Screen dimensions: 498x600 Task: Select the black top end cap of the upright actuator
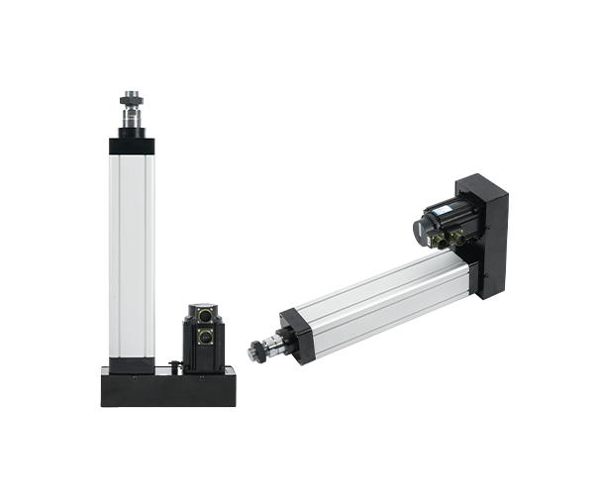[131, 147]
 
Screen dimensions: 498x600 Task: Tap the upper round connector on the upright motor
[202, 316]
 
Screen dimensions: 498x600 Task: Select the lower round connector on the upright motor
[202, 336]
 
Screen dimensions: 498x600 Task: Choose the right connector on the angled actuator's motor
[458, 238]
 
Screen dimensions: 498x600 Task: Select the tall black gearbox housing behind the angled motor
[491, 223]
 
